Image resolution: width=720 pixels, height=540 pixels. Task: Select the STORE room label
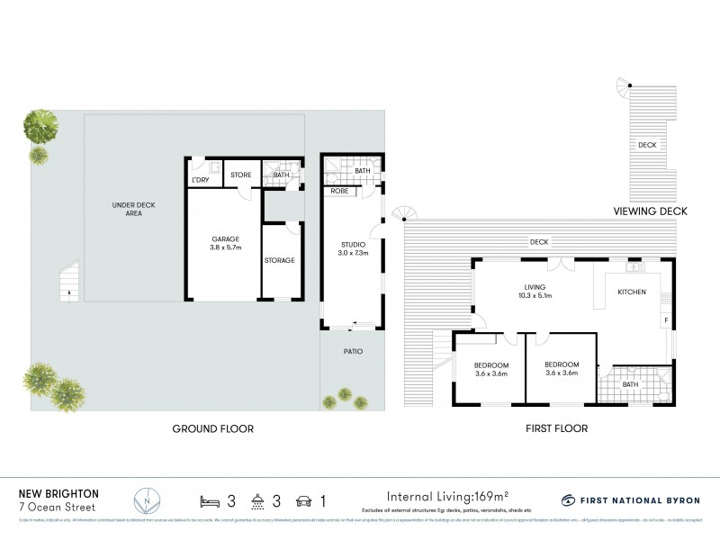240,175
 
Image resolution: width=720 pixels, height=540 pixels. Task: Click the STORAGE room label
279,260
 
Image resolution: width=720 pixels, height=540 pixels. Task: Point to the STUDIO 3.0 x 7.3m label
353,247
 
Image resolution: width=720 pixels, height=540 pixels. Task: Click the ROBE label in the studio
339,191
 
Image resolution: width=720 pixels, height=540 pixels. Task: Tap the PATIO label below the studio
352,350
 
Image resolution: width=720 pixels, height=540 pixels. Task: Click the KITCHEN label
631,292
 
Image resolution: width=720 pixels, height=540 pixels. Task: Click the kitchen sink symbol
636,267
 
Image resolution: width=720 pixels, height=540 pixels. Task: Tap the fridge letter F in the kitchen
665,319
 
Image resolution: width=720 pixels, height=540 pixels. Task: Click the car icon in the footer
303,499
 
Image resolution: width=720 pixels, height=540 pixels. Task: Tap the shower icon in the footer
257,499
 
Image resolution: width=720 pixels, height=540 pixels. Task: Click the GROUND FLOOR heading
212,429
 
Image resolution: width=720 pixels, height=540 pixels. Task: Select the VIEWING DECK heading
650,211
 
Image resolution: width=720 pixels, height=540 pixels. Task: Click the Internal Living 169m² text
447,496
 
